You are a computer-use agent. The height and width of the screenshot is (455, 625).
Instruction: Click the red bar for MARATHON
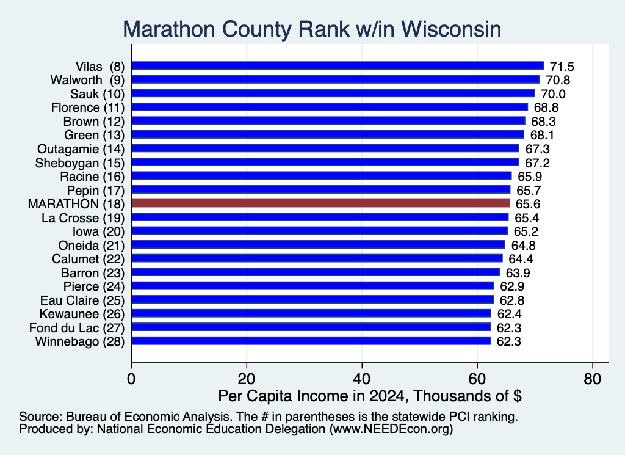[x=320, y=203]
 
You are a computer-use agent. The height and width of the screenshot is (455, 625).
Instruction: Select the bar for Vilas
[x=338, y=66]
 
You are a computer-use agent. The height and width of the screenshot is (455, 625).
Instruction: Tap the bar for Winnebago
[x=311, y=341]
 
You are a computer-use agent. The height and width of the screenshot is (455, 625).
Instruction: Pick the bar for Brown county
[x=328, y=121]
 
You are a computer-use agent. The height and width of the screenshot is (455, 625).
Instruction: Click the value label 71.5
[x=562, y=67]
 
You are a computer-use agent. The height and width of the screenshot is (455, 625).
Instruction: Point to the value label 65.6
[x=528, y=204]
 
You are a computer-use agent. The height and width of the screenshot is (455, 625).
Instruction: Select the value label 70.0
[x=553, y=94]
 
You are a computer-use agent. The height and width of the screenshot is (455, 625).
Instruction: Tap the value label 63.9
[x=518, y=273]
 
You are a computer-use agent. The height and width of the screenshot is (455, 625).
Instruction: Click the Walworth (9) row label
[x=88, y=80]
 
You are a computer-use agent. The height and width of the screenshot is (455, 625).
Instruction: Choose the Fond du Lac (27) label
[x=77, y=328]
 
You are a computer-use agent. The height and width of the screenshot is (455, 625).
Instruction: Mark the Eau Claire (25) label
[x=82, y=300]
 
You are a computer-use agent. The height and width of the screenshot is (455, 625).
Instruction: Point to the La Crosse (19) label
[x=83, y=218]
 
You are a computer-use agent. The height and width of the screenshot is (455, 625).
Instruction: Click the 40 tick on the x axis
[x=362, y=379]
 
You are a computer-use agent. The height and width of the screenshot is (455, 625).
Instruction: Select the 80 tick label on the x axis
[x=592, y=379]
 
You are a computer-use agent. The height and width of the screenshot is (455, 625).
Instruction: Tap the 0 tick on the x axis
[x=131, y=379]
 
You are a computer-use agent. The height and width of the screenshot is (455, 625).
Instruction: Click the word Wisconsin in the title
[x=451, y=29]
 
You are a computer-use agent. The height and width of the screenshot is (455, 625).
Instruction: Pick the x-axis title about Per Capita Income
[x=370, y=396]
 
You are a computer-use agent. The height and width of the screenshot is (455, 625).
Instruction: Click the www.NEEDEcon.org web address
[x=391, y=429]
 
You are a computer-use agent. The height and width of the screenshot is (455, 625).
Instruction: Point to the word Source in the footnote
[x=41, y=417]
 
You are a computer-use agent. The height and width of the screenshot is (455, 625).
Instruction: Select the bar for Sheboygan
[x=325, y=162]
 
